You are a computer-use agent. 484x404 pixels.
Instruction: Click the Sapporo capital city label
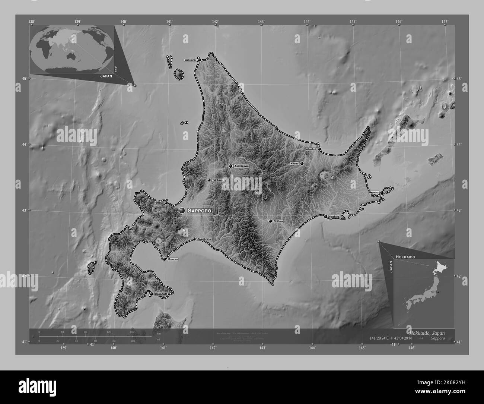coord(200,211)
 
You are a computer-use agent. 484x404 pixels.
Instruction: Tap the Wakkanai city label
coord(190,60)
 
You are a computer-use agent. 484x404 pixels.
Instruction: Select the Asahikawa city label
coord(241,166)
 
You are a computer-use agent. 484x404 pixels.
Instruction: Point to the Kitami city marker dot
coord(302,163)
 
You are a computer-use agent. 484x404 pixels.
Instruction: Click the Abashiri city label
coord(311,149)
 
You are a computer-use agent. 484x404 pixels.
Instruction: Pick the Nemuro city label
coord(374,193)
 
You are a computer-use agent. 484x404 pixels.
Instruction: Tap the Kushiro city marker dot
coord(325,216)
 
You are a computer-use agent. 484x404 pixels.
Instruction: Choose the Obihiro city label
coord(278,221)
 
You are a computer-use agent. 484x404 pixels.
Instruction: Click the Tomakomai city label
coord(204,239)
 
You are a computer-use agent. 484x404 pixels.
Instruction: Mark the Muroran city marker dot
coord(164,259)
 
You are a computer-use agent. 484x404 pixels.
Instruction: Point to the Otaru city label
coord(159,203)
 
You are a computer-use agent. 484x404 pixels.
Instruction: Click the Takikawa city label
coord(217,180)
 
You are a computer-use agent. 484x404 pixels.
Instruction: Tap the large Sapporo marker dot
coord(182,211)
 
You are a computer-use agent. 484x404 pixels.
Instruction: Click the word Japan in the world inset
coord(106,75)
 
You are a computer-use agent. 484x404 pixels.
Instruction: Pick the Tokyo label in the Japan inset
coord(433,292)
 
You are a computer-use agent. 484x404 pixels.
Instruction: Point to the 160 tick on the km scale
coord(132,332)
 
